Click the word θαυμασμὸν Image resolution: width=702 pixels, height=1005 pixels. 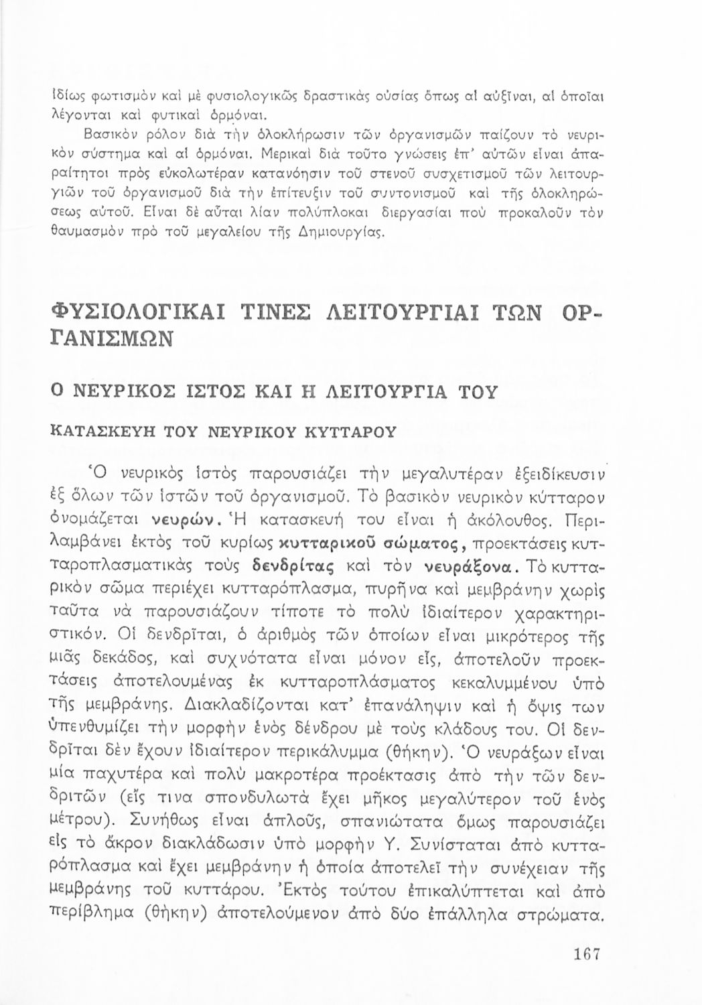(x=88, y=234)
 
